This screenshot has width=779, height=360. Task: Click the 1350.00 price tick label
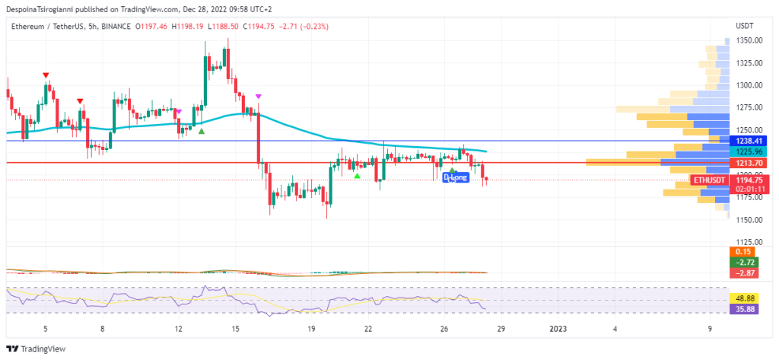tap(749, 40)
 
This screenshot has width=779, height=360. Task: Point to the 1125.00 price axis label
tap(749, 242)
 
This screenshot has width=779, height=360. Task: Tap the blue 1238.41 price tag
tap(749, 141)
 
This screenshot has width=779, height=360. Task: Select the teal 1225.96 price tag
tap(749, 151)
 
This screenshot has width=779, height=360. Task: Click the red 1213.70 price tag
tap(749, 163)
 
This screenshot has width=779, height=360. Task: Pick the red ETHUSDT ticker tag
tap(708, 180)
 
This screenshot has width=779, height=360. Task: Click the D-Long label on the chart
tap(455, 177)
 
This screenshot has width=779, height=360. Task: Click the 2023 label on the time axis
tap(558, 329)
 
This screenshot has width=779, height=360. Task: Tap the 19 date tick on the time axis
tap(311, 329)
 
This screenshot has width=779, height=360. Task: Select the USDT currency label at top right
tap(745, 26)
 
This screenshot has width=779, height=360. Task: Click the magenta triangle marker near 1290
tap(259, 97)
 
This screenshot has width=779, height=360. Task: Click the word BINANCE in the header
tap(112, 26)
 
